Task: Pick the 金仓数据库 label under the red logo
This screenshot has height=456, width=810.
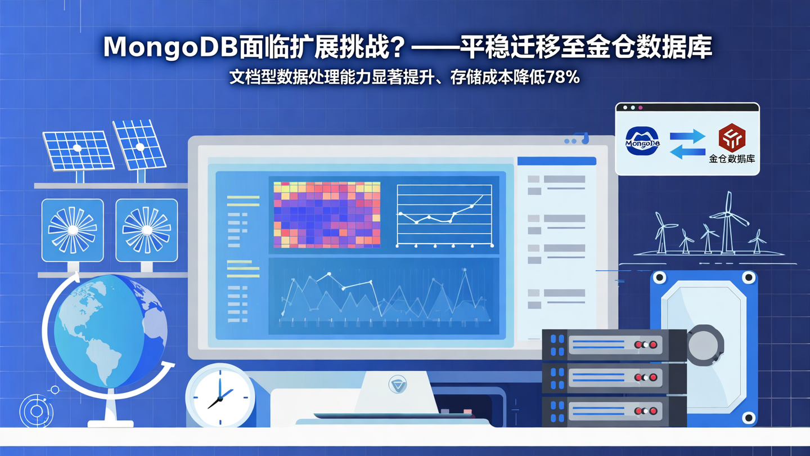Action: point(732,159)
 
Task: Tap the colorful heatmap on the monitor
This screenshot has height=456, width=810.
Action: point(327,214)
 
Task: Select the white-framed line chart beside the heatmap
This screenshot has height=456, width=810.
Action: point(444,215)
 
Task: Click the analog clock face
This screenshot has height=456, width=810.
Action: point(220,394)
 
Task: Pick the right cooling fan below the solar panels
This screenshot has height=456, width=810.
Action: point(146,230)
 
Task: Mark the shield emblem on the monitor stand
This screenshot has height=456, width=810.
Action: point(398,385)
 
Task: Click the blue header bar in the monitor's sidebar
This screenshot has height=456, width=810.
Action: point(556,162)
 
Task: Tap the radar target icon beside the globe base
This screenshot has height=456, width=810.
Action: point(37,412)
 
